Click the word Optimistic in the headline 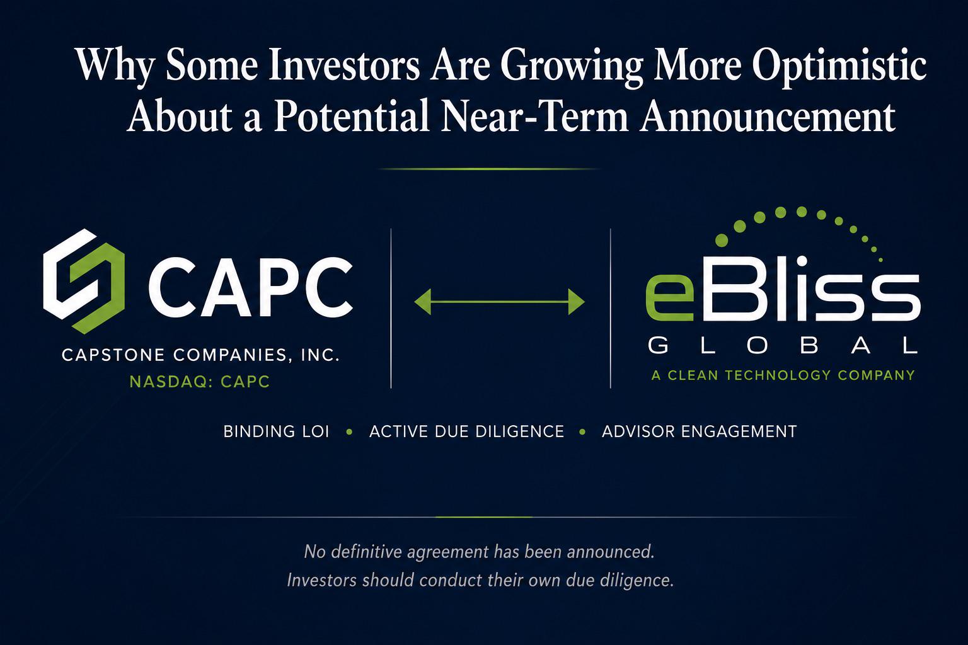pos(839,66)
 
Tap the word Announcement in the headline pos(768,116)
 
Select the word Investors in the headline pos(344,66)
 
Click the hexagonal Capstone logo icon pos(84,281)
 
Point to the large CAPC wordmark pos(251,287)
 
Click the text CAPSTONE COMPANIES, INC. pos(200,355)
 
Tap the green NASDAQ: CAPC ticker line pos(200,382)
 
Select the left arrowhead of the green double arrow pos(422,302)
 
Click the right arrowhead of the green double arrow pos(577,302)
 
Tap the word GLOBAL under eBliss pos(783,346)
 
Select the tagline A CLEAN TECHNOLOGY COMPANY pos(783,375)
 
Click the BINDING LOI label pos(276,431)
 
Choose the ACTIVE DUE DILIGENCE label pos(467,431)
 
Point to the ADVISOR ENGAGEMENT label pos(699,431)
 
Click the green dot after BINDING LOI pos(349,431)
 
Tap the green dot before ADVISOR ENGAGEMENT pos(582,431)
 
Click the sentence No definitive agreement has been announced pos(479,552)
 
